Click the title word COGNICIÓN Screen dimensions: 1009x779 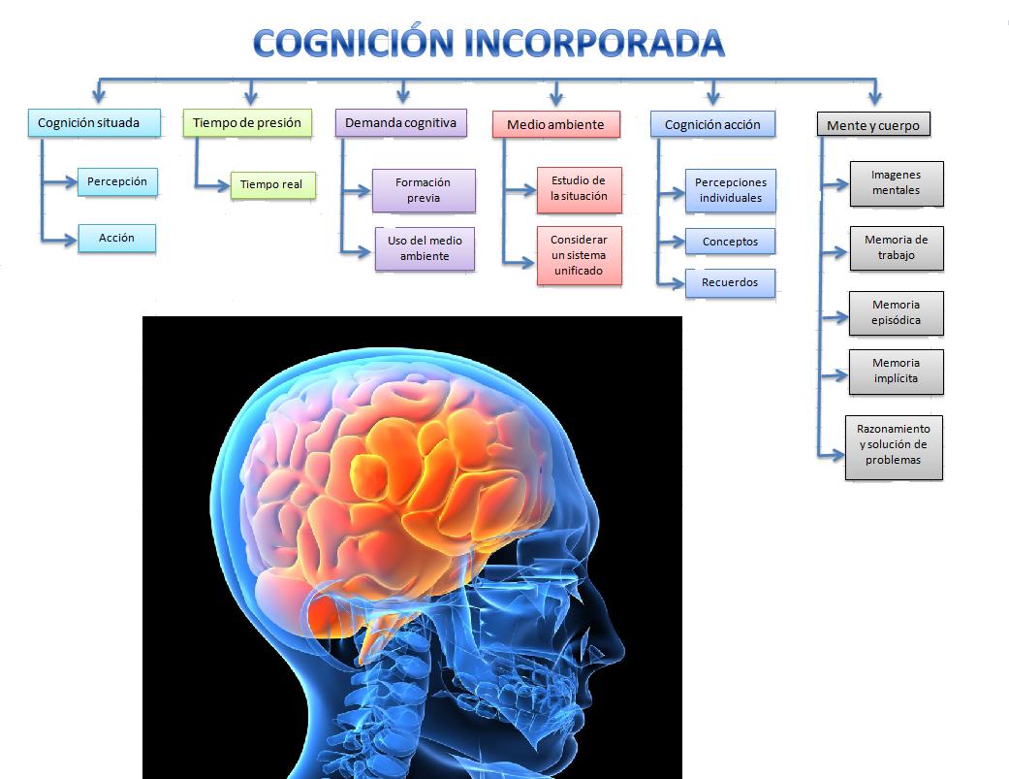(353, 43)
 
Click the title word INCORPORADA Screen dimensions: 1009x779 (594, 44)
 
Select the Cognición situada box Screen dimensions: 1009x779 (94, 123)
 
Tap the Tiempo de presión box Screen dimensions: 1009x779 (247, 123)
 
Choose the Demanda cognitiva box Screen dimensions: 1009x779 (401, 123)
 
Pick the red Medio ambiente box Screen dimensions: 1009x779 (556, 125)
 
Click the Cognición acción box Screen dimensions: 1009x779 (712, 125)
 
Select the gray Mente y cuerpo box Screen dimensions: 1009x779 (873, 125)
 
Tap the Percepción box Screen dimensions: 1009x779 (117, 182)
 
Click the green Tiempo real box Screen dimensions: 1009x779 (272, 185)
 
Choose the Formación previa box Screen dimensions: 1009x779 (424, 190)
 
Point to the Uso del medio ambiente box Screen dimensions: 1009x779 (425, 248)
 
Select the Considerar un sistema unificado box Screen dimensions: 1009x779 (580, 255)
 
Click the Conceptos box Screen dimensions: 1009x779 (730, 243)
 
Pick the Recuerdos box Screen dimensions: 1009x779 (730, 283)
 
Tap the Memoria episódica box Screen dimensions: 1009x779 (896, 313)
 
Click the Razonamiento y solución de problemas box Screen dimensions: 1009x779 (893, 447)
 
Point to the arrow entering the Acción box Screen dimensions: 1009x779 (59, 241)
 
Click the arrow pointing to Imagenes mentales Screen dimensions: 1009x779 (836, 185)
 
